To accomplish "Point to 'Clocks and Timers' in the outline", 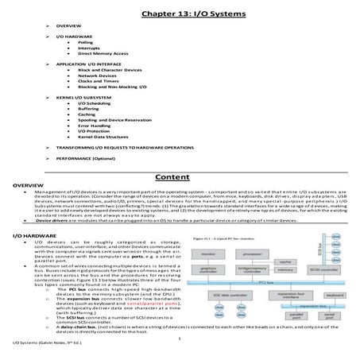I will pyautogui.click(x=98, y=82).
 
